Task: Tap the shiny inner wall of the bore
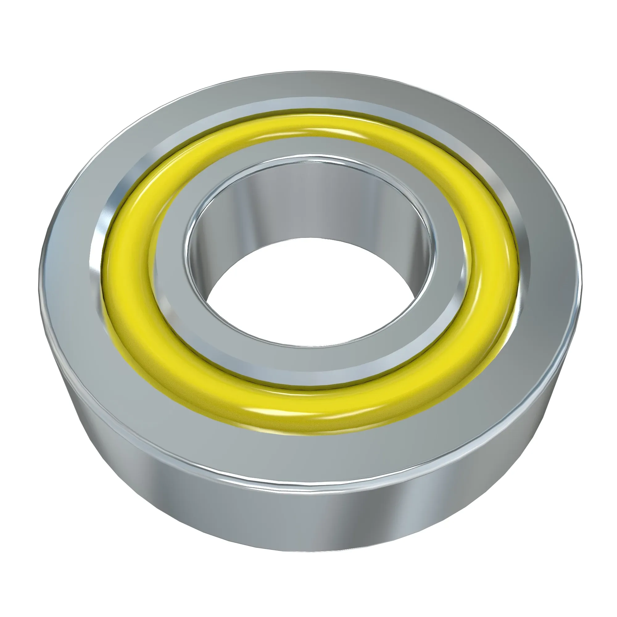(307, 205)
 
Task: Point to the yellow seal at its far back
(307, 123)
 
